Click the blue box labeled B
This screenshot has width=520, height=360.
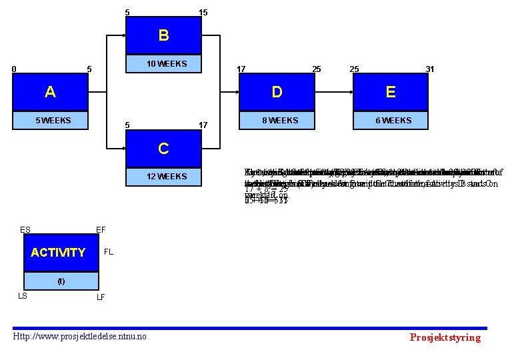click(x=163, y=35)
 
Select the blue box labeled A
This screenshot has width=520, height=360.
click(x=50, y=92)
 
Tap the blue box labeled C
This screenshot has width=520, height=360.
click(x=163, y=148)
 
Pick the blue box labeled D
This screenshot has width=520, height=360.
click(x=277, y=92)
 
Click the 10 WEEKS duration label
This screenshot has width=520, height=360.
click(x=167, y=64)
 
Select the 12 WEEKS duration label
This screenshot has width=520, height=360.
click(x=167, y=177)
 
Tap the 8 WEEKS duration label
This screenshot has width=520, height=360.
click(x=280, y=121)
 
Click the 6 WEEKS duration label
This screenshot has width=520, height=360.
click(x=394, y=121)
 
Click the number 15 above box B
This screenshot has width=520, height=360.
click(x=203, y=12)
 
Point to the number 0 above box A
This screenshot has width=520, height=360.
click(x=14, y=69)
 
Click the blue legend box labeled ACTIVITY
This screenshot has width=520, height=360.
click(x=58, y=253)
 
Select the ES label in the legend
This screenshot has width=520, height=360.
click(x=25, y=230)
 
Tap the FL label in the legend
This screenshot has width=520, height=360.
click(x=109, y=253)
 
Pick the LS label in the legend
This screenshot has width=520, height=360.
click(x=22, y=295)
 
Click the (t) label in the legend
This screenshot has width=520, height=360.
click(x=61, y=281)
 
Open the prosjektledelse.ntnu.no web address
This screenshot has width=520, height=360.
click(x=81, y=336)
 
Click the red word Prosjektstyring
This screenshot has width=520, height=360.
click(x=445, y=337)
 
